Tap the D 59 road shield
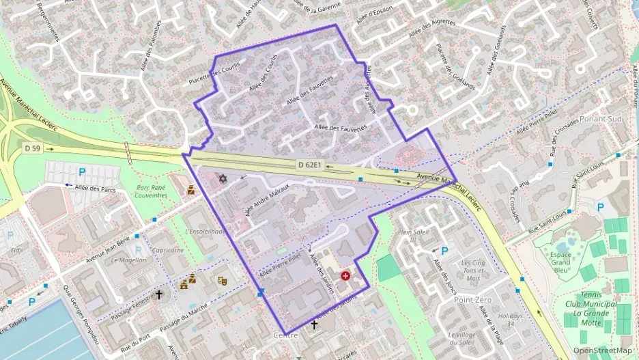[x=32, y=148]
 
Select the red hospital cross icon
[x=346, y=276]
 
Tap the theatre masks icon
[x=222, y=280]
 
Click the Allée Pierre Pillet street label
[x=280, y=265]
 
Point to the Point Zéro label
[x=472, y=300]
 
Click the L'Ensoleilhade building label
[x=205, y=232]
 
